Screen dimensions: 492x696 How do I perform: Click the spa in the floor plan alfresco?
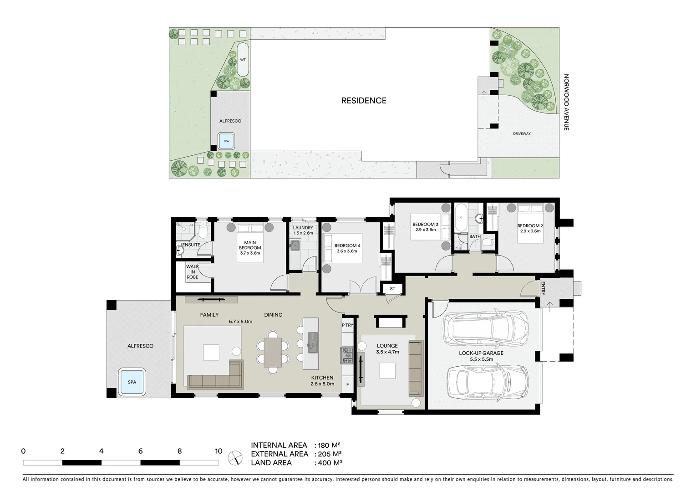click(x=132, y=382)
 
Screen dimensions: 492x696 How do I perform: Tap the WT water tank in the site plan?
click(x=243, y=60)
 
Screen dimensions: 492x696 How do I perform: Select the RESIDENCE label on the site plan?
click(x=364, y=101)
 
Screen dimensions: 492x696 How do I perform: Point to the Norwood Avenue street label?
click(x=566, y=102)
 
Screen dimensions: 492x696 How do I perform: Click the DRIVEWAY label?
click(x=522, y=133)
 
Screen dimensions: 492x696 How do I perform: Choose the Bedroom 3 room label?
click(x=425, y=224)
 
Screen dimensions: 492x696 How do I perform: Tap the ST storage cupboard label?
click(x=392, y=289)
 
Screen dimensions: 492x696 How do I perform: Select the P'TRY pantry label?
click(x=347, y=325)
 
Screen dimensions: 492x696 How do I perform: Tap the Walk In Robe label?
click(x=193, y=272)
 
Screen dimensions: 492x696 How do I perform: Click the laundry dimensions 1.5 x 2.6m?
click(x=303, y=233)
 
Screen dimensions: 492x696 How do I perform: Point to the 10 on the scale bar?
click(x=218, y=451)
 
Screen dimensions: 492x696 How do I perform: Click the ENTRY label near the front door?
click(x=543, y=287)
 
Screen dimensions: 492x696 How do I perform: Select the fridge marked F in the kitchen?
click(x=348, y=384)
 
